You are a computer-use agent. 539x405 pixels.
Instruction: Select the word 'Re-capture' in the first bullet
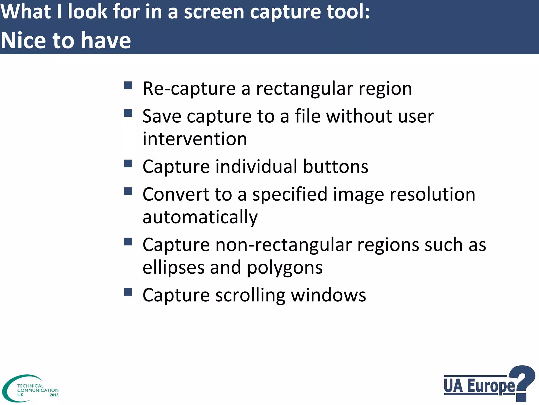tap(189, 89)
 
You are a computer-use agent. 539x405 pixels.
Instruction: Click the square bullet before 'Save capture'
tap(128, 113)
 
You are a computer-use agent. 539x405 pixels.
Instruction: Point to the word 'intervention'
tap(195, 139)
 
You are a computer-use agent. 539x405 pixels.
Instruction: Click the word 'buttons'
tap(335, 167)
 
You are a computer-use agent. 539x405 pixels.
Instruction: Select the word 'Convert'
tap(176, 195)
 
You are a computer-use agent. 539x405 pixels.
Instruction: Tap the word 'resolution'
tap(432, 195)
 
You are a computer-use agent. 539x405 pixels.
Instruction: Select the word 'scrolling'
tap(250, 295)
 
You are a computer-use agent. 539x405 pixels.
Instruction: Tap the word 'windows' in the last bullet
tap(328, 295)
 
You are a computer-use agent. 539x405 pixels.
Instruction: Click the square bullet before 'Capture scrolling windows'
tap(128, 292)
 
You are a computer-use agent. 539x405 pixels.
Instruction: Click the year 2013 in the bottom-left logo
tap(54, 395)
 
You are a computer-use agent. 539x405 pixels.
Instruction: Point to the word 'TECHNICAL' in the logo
tap(30, 386)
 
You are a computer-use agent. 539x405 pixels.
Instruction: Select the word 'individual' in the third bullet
tap(256, 167)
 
